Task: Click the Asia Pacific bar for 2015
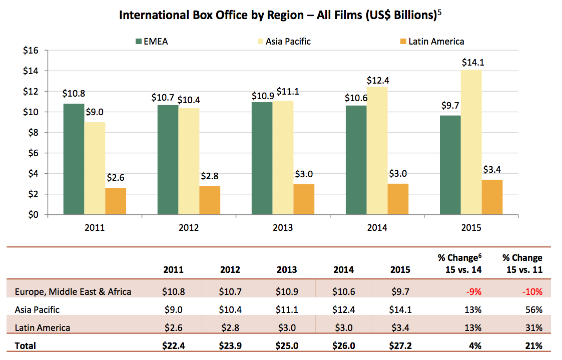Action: click(x=471, y=143)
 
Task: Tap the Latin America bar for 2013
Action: click(x=304, y=199)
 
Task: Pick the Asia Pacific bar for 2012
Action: click(x=189, y=161)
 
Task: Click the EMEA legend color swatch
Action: click(x=139, y=41)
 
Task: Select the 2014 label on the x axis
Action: click(x=377, y=228)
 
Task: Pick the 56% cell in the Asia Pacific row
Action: click(x=533, y=309)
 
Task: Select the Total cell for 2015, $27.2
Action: click(x=400, y=345)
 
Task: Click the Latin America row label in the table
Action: click(x=43, y=328)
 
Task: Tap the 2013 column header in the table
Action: click(x=287, y=269)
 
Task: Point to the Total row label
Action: click(x=26, y=345)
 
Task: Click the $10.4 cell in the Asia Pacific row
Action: click(x=230, y=309)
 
